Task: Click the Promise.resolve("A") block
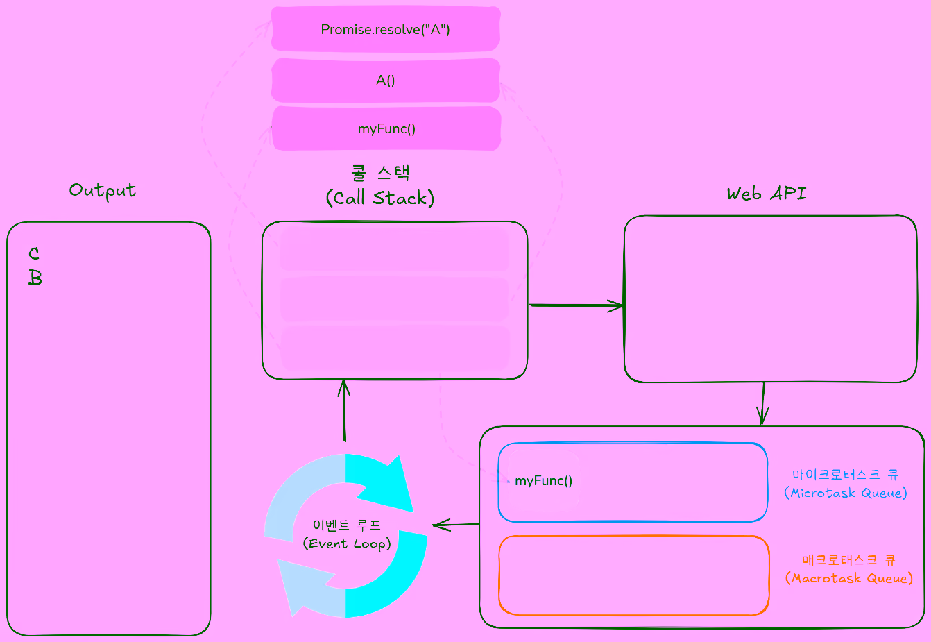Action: (385, 29)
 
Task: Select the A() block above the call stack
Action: (385, 81)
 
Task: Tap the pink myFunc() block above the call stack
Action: (386, 128)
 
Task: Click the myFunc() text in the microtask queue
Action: (543, 481)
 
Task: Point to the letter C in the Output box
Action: (34, 254)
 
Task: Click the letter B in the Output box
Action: (35, 278)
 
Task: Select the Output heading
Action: (103, 190)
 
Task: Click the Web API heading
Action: (767, 194)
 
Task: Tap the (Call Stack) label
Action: (380, 198)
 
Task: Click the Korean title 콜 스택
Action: (381, 172)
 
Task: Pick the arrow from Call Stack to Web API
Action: (576, 305)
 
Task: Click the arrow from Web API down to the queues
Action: (762, 403)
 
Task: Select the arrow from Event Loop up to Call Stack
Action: (344, 409)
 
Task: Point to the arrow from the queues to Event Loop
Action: (455, 525)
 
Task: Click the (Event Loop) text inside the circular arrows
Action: (347, 543)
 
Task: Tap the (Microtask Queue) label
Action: (846, 493)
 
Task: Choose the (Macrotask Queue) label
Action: (849, 578)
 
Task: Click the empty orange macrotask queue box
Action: (633, 575)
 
